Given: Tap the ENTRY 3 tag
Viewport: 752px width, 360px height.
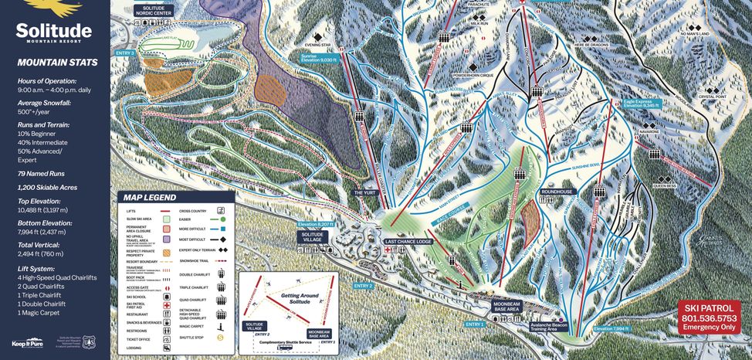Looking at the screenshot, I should click(124, 53).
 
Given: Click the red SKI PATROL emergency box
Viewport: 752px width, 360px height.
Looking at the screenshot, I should click(710, 317).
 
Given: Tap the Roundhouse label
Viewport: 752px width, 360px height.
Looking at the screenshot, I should click(557, 190).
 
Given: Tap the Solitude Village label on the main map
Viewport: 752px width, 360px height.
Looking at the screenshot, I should click(312, 239).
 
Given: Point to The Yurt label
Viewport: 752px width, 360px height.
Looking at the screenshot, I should click(364, 192).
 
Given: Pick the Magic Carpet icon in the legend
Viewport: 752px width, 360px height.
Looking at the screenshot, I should click(221, 325).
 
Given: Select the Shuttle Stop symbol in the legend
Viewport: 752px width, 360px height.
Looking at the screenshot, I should click(221, 337).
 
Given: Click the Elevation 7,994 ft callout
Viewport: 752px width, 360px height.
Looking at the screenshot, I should click(611, 328).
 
